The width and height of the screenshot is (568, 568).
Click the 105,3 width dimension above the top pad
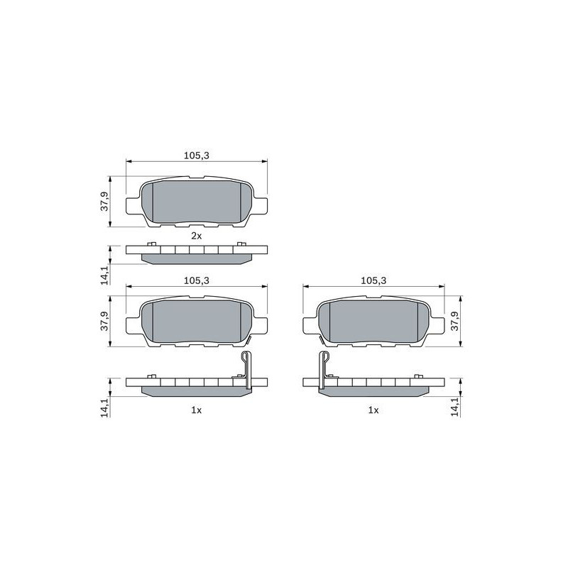197,155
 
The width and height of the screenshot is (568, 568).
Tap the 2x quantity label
197,236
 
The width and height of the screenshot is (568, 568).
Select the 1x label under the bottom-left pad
197,410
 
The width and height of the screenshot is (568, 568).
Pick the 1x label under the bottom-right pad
373,410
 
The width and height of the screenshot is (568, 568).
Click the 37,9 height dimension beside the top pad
104,202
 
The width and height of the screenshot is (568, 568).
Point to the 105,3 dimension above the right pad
374,280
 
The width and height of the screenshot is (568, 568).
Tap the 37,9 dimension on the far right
454,321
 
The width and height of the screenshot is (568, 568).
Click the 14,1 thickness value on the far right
455,407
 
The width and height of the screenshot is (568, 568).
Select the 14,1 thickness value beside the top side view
104,275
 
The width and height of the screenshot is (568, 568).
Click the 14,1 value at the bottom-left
104,408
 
